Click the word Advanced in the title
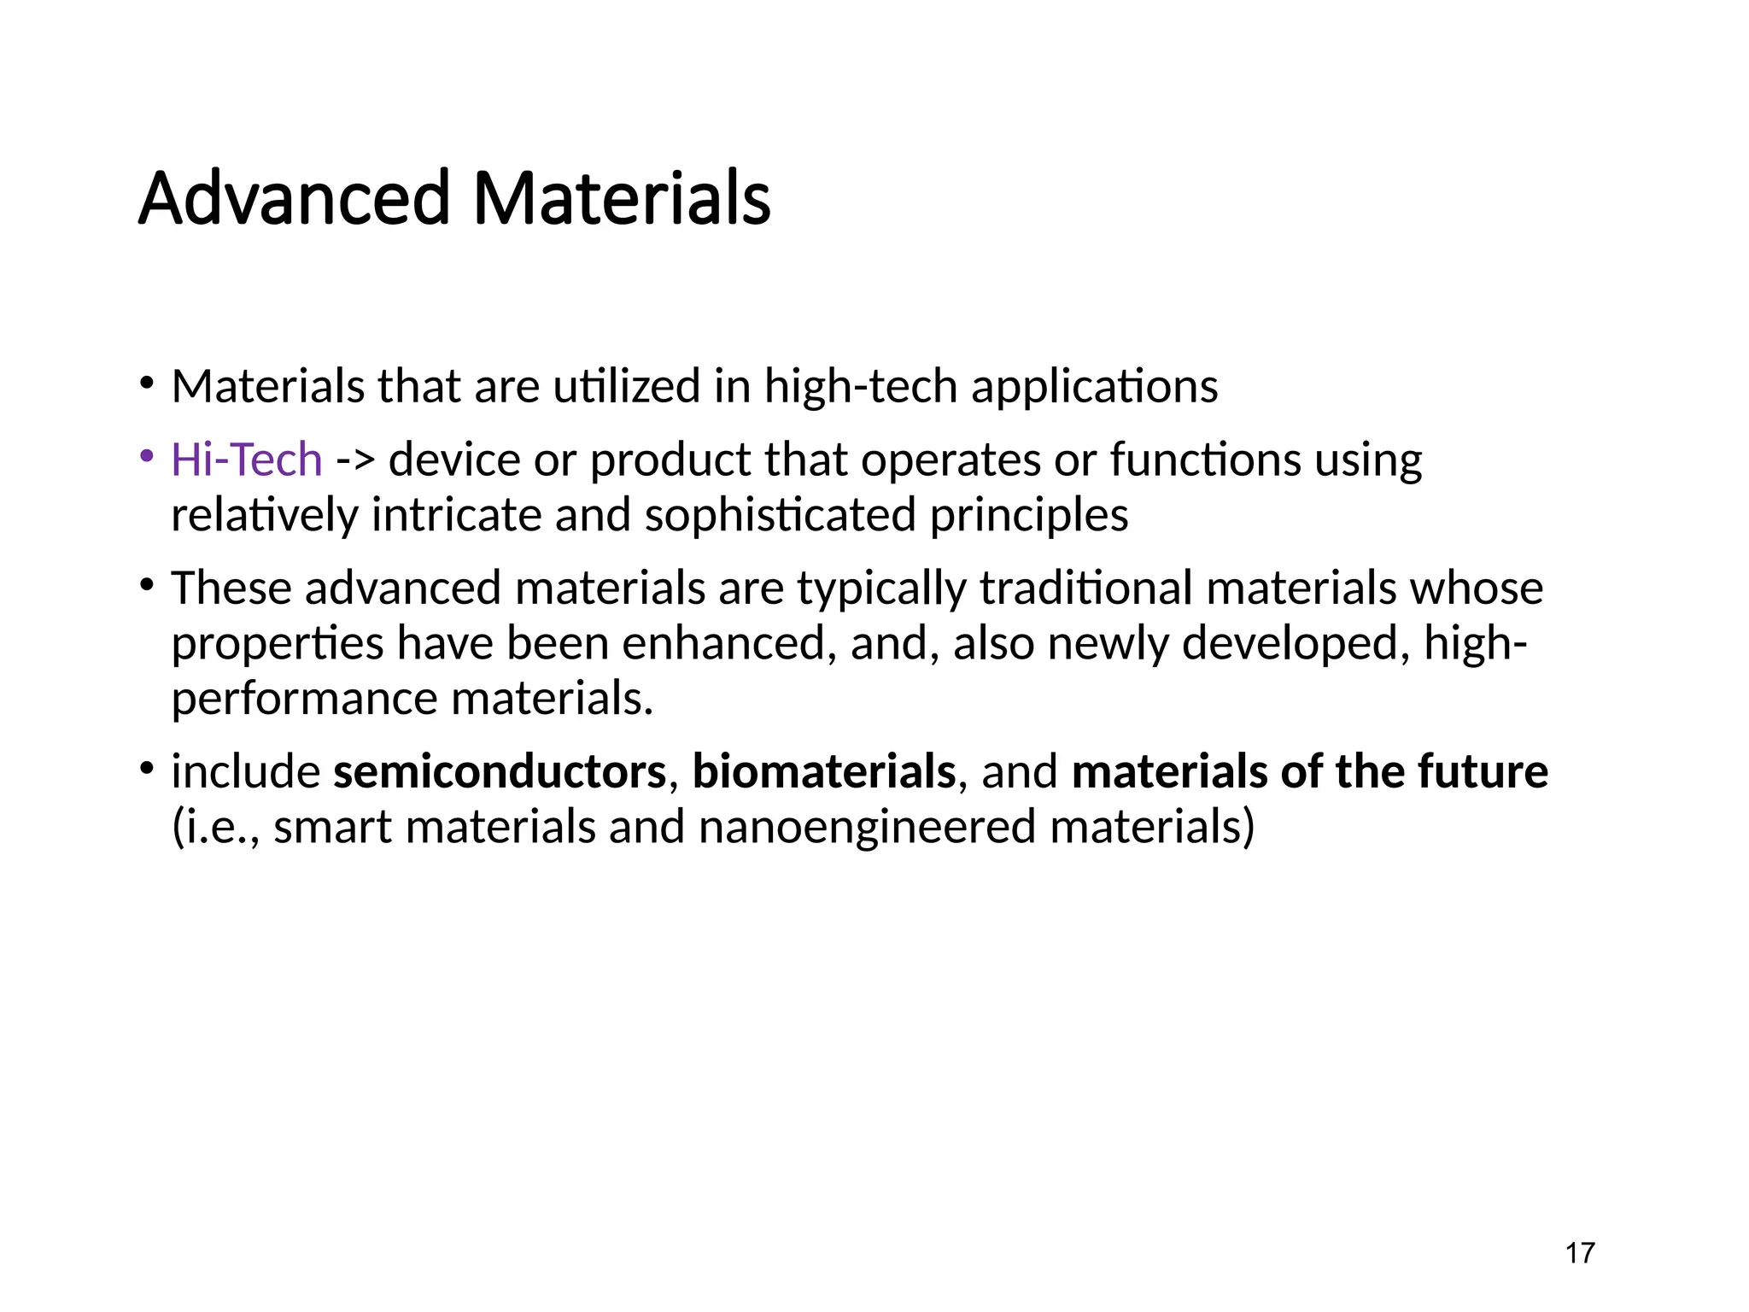294,198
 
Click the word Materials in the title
621,198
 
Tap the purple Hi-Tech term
246,460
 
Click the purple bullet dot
147,455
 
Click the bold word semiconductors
499,771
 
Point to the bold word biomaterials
823,771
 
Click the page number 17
1580,1253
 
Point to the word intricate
456,515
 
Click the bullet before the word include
147,768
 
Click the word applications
1094,386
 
